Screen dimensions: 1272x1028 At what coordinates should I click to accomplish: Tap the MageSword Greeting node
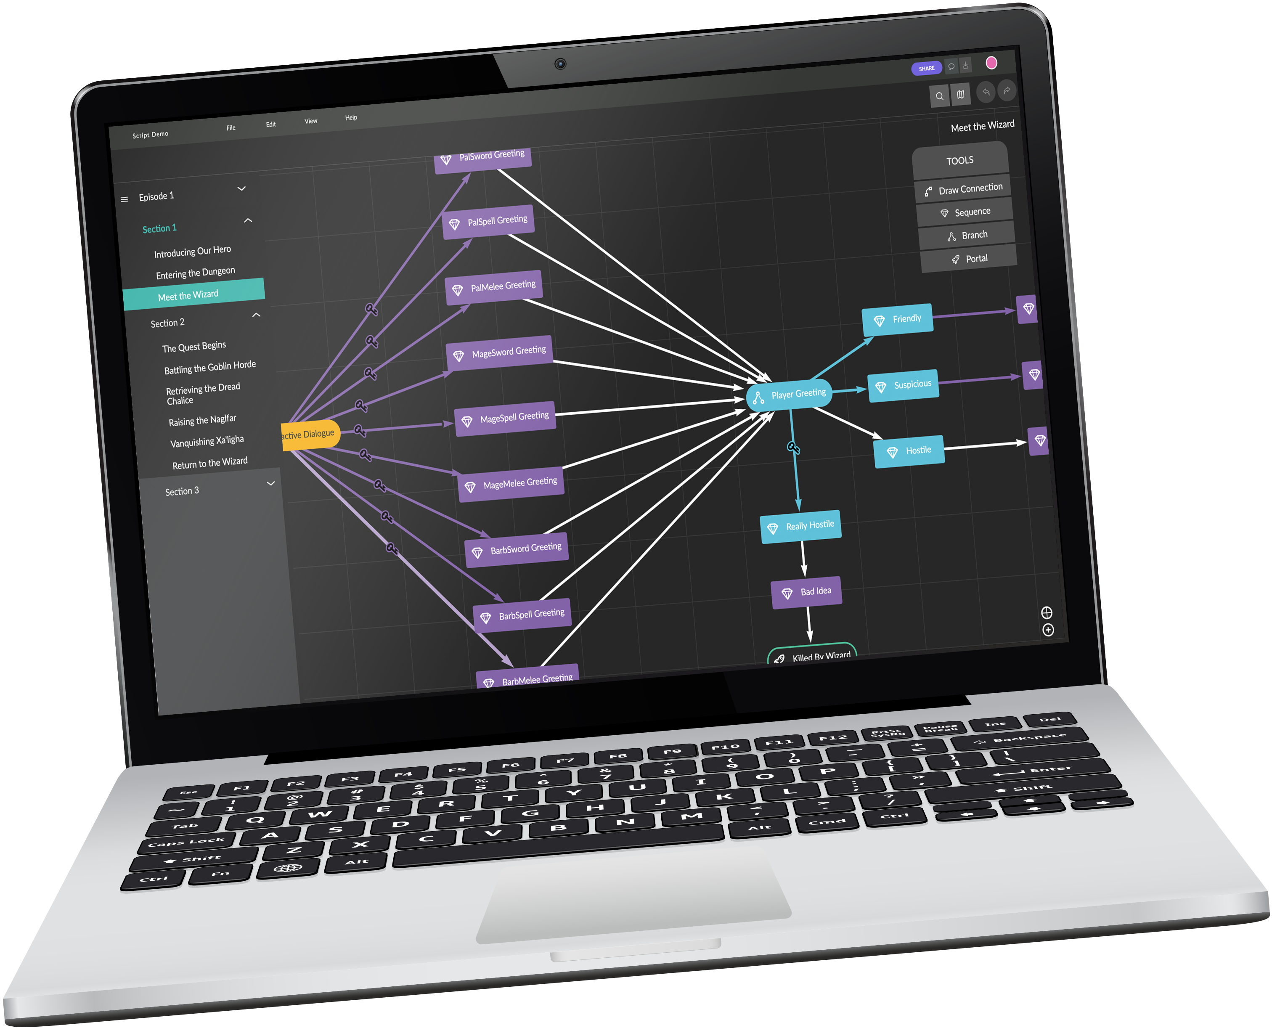click(500, 353)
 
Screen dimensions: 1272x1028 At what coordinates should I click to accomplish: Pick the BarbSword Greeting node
click(517, 549)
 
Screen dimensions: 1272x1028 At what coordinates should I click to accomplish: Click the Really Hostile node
click(800, 526)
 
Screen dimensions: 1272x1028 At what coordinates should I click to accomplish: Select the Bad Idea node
click(806, 591)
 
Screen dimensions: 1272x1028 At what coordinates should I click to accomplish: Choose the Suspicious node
click(903, 385)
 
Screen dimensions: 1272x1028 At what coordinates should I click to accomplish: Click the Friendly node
click(897, 319)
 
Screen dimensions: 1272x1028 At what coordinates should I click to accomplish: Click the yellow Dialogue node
click(310, 435)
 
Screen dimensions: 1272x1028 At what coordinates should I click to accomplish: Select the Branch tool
click(967, 236)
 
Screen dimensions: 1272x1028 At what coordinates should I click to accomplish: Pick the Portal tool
click(970, 259)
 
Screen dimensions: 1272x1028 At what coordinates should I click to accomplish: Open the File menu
click(231, 127)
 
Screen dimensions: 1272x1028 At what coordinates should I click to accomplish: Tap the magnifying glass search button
click(939, 96)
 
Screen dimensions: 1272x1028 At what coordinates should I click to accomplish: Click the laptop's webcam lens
click(560, 64)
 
